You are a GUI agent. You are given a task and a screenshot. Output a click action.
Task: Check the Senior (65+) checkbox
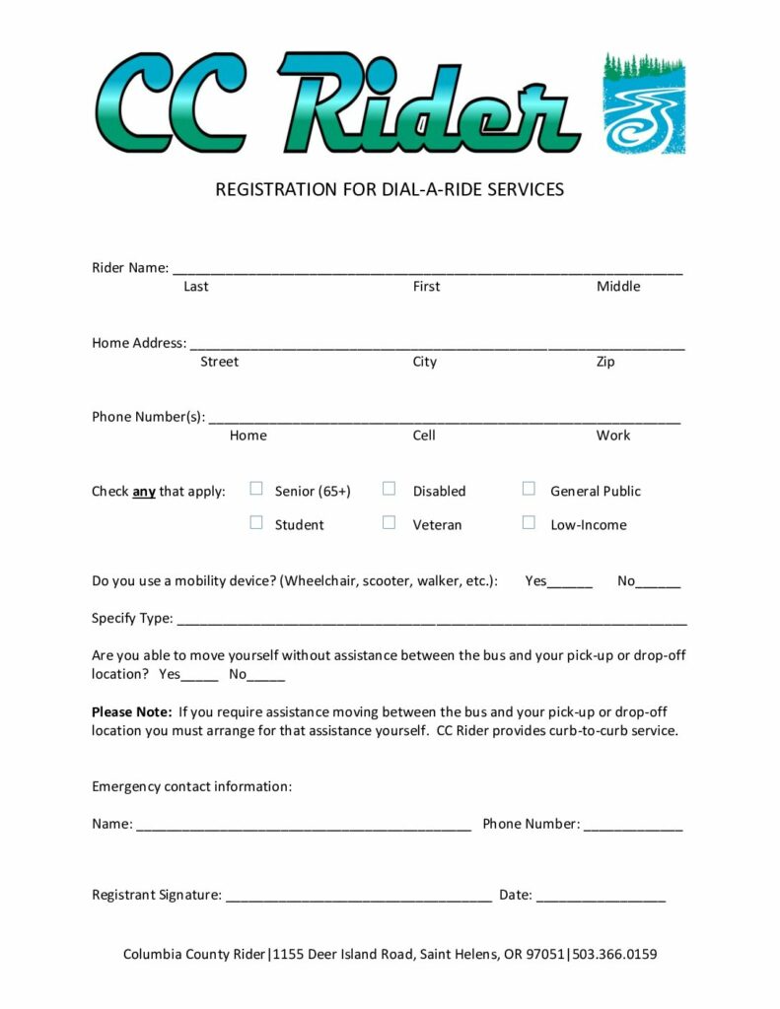[x=256, y=489]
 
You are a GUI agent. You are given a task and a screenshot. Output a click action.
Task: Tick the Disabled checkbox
[x=390, y=489]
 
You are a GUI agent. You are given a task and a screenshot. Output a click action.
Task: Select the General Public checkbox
[x=529, y=489]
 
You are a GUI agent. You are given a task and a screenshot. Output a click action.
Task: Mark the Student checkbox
[x=256, y=523]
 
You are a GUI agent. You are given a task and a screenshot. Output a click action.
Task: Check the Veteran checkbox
[x=390, y=523]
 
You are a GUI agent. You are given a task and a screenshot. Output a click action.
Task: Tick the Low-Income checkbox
[x=529, y=523]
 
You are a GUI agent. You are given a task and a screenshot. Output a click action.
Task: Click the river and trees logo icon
[x=644, y=103]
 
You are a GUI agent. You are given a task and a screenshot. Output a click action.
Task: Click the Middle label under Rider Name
[x=618, y=287]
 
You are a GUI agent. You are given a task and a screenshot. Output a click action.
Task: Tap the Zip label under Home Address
[x=605, y=362]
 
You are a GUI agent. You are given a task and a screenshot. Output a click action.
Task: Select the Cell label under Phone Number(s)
[x=424, y=436]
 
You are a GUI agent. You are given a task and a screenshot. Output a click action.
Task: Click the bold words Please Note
[x=132, y=711]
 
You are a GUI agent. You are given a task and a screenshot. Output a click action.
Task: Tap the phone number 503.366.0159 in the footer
[x=615, y=955]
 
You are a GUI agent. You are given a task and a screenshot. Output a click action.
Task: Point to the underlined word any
[x=144, y=492]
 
